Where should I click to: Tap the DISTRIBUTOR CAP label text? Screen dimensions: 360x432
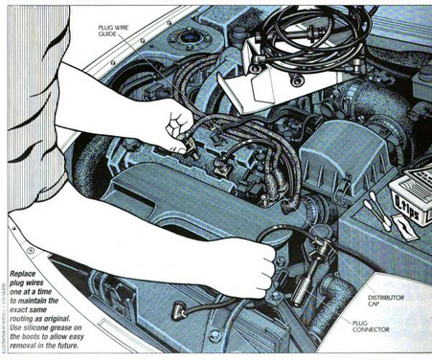pyautogui.click(x=387, y=302)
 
